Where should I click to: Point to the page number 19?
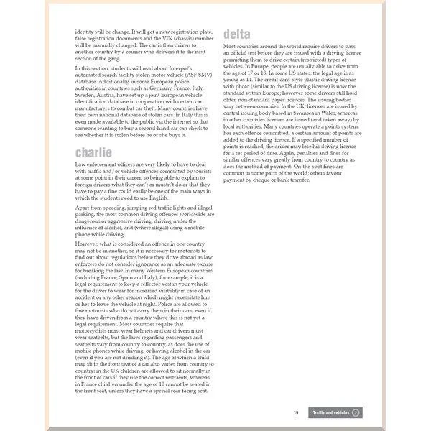point(296,412)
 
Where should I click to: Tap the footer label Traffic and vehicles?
point(331,412)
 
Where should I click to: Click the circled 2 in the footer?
point(355,412)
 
